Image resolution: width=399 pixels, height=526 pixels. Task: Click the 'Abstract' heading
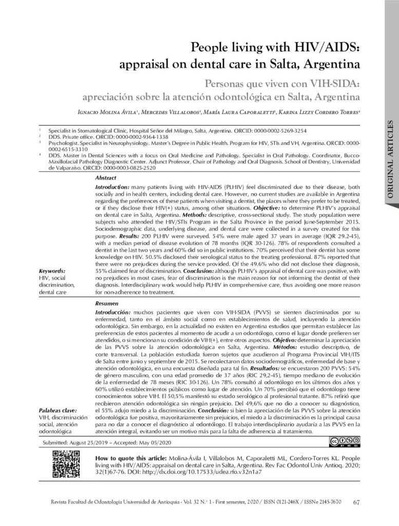tap(106, 177)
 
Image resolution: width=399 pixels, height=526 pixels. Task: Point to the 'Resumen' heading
tap(106, 304)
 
